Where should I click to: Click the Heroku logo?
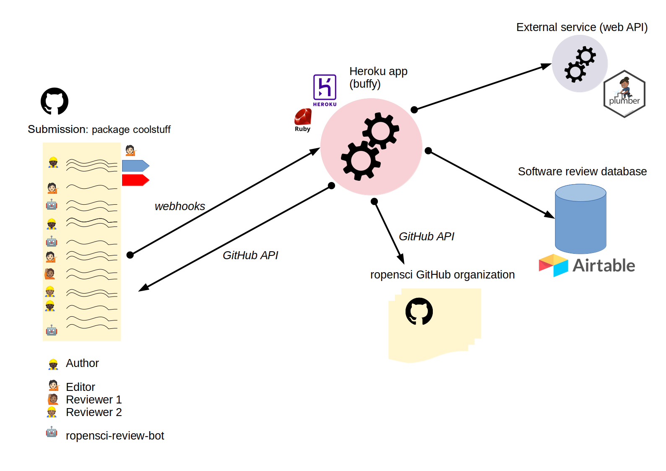(x=325, y=89)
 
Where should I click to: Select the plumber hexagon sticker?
(x=624, y=94)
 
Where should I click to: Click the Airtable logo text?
(x=604, y=265)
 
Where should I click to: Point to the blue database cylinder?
(x=580, y=219)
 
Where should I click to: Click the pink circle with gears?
(x=371, y=147)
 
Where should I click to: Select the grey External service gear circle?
(x=580, y=64)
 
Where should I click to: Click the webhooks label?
(x=180, y=206)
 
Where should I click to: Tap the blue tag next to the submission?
(x=135, y=166)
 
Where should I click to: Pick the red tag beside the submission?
(x=135, y=180)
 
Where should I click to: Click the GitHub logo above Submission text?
(x=55, y=101)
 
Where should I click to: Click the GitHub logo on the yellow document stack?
(x=419, y=311)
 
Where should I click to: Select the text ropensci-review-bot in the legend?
(x=114, y=436)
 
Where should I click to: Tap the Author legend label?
(x=82, y=363)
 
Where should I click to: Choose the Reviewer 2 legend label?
(x=94, y=412)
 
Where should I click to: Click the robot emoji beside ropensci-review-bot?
(x=52, y=432)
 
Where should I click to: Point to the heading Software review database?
(x=582, y=172)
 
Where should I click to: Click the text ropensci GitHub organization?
(x=442, y=275)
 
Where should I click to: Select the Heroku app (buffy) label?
(x=378, y=78)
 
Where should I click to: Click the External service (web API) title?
(x=582, y=27)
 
